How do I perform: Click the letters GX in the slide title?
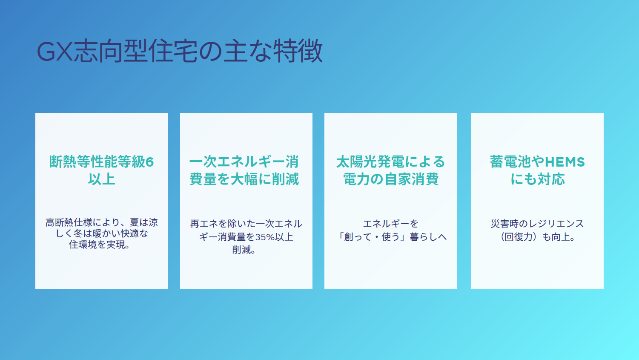(54, 52)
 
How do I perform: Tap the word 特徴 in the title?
(298, 51)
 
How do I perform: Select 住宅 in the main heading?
(173, 51)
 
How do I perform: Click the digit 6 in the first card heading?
(149, 162)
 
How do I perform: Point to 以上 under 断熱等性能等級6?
(102, 179)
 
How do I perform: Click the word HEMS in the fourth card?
(565, 162)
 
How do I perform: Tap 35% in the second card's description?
(265, 237)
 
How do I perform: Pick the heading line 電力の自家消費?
(390, 179)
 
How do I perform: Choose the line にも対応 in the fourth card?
(537, 179)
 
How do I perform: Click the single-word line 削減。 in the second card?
(244, 250)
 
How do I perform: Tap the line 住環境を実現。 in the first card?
(100, 245)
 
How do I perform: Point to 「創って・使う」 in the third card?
(372, 237)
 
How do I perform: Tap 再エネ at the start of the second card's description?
(204, 224)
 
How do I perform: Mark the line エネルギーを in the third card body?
(390, 224)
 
